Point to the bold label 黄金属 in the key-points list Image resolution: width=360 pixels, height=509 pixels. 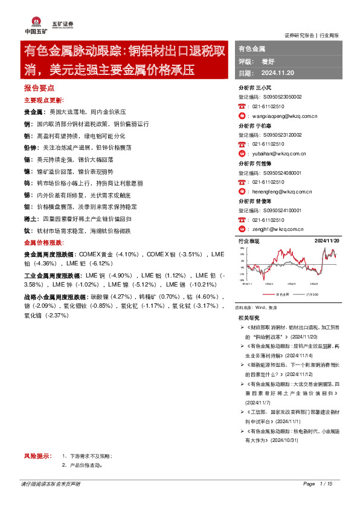coord(33,112)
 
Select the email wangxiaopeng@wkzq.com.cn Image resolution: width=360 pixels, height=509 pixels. coord(284,115)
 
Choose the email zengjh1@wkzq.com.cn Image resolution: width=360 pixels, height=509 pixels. coord(278,229)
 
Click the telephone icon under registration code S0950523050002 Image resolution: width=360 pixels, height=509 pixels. coord(242,106)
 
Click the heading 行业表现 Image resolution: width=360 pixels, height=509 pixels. coord(249,241)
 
